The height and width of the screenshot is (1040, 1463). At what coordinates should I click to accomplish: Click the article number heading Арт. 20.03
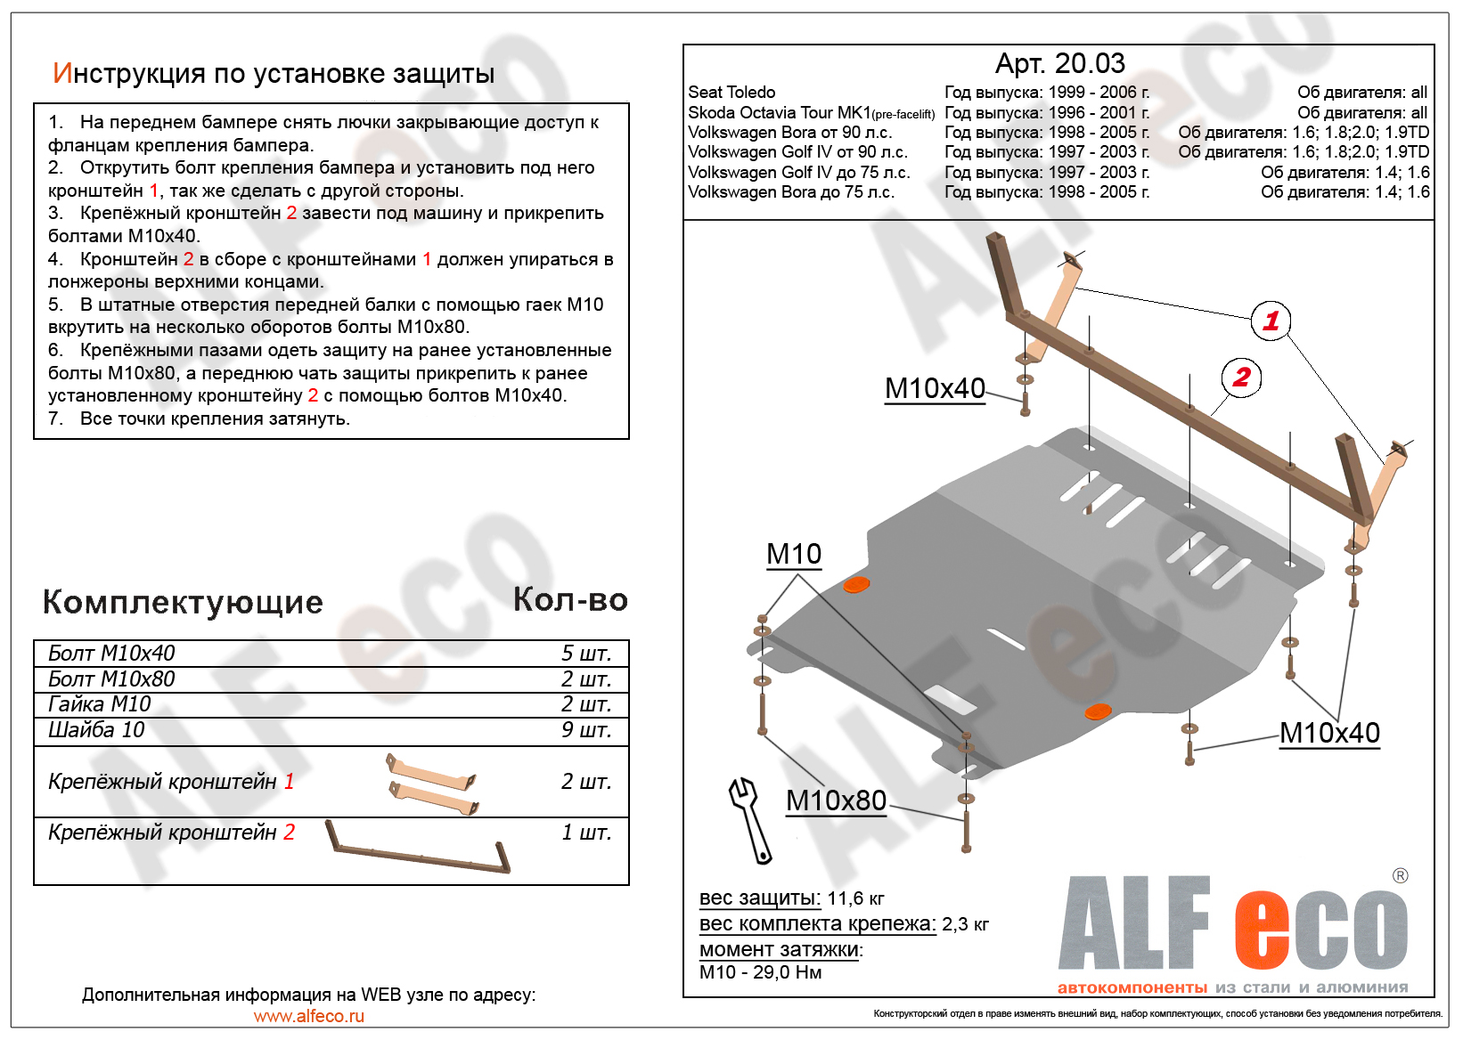tap(1059, 63)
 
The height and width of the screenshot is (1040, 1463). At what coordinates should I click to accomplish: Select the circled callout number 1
tap(1271, 321)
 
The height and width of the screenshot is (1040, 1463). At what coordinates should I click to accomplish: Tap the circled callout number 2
tap(1241, 378)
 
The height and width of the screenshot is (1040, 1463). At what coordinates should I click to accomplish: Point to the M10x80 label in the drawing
tap(836, 800)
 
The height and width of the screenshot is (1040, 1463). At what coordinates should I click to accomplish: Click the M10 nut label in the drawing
tap(794, 554)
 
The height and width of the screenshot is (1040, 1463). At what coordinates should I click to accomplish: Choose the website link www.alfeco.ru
tap(308, 1016)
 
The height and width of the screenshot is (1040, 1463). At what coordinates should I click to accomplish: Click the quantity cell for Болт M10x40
tap(585, 654)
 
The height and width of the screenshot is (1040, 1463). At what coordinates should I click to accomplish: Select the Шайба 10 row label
tap(96, 730)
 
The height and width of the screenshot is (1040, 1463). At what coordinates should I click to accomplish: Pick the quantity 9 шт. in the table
tap(585, 730)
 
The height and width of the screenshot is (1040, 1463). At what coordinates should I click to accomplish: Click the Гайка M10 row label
tap(100, 704)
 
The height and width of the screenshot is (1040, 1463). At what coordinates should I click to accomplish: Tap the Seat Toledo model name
tap(731, 93)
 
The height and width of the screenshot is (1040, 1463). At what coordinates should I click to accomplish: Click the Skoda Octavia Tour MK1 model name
tap(779, 113)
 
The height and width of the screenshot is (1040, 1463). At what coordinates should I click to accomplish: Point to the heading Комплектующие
tap(183, 603)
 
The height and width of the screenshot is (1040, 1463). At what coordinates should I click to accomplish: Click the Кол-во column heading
tap(570, 600)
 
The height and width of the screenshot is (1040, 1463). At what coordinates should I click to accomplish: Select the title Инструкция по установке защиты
tap(274, 73)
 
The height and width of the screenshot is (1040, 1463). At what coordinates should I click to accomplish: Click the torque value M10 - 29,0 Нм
tap(760, 972)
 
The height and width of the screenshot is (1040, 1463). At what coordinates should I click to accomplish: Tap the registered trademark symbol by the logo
tap(1400, 876)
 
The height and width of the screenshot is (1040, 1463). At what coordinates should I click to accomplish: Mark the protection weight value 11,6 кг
tap(855, 898)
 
